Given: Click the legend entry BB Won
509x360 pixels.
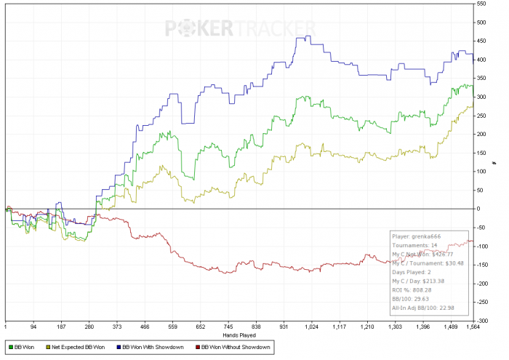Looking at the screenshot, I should tap(25, 348).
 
